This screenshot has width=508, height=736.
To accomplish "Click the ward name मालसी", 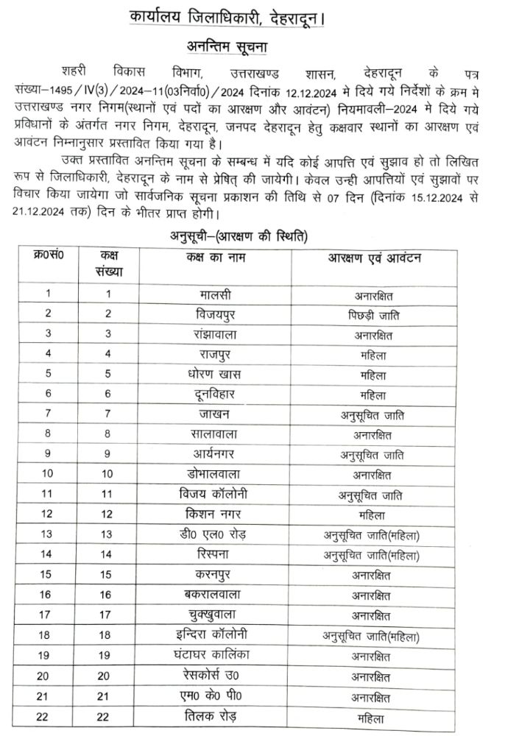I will pos(215,294).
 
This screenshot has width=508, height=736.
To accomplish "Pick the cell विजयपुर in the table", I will pos(215,314).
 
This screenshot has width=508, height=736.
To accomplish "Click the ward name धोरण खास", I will pos(215,375).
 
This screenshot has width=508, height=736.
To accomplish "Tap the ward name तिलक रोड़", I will pos(215,715).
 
